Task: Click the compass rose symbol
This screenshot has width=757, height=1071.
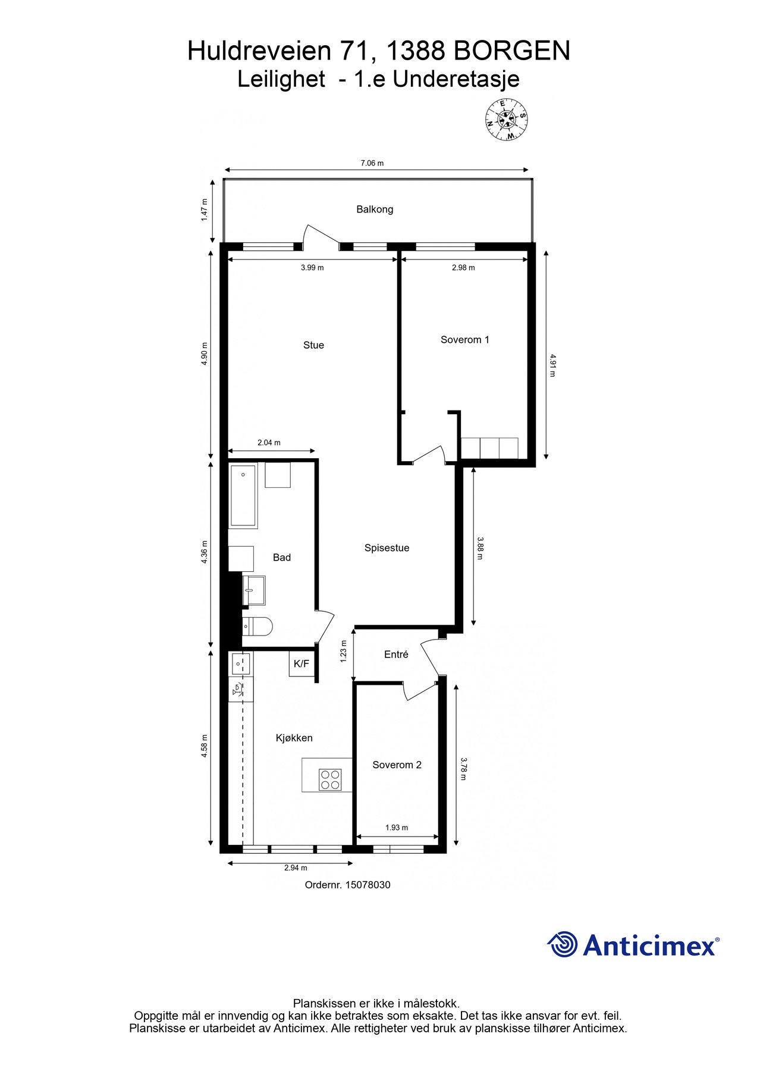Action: coord(506,120)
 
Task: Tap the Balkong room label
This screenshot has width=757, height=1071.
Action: coord(375,209)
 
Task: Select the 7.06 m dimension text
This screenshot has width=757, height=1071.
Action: coord(372,163)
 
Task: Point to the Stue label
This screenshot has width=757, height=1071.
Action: coord(313,345)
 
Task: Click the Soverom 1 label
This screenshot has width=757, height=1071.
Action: coord(464,340)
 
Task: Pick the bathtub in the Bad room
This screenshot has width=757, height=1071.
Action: coord(243,496)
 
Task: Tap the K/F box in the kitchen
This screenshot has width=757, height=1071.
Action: coord(301,664)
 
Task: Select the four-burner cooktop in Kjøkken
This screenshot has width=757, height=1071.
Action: coord(330,779)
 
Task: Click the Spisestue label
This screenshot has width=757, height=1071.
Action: coord(387,548)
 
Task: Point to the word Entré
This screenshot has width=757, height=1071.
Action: coord(396,654)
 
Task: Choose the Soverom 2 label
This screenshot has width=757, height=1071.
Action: coord(397,765)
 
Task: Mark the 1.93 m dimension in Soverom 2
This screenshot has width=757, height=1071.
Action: coord(397,828)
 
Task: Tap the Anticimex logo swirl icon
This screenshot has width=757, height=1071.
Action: coord(562,944)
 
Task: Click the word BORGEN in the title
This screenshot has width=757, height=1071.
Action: coord(512,51)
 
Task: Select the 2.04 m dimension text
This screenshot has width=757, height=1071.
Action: coord(269,443)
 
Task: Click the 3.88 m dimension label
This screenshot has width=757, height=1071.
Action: coord(480,548)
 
